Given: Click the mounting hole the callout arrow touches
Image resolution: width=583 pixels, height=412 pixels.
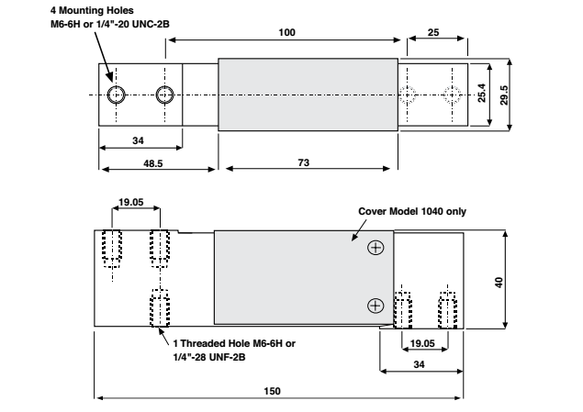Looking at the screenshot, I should [117, 95].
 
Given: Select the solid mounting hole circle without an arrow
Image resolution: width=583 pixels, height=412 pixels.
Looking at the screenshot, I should [165, 95].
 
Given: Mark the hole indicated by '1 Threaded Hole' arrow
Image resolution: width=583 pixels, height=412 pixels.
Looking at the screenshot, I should [158, 306].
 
